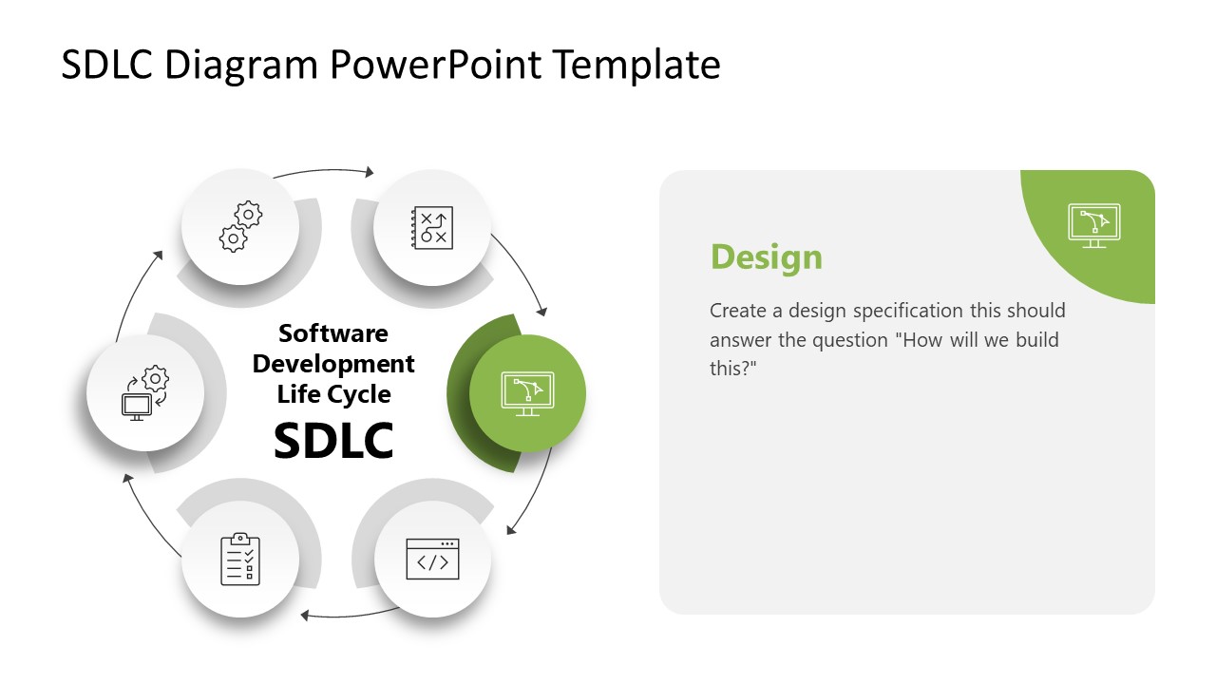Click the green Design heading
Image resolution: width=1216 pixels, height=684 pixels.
coord(766,257)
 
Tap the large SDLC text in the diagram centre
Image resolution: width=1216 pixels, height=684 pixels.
coord(333,440)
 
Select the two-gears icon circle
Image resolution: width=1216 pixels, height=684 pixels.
coord(239,227)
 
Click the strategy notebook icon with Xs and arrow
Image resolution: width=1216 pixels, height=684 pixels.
coord(432,228)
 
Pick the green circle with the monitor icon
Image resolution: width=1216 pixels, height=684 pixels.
coord(527,392)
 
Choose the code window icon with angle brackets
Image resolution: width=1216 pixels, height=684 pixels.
coord(432,559)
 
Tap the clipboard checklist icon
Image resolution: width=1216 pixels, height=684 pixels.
coord(239,559)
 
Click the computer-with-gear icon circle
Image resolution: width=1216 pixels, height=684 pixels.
coord(144,392)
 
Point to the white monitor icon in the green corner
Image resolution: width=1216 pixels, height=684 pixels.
coord(1093,226)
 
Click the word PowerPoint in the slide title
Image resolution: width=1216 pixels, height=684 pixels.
coord(438,65)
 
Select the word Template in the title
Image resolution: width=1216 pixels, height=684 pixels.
coord(636,65)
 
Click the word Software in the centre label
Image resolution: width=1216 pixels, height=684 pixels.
coord(333,333)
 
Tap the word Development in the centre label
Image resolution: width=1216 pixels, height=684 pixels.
coord(333,364)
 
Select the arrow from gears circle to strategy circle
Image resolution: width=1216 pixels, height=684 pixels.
coord(323,172)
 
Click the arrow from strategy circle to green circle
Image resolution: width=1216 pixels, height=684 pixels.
coord(522,270)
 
